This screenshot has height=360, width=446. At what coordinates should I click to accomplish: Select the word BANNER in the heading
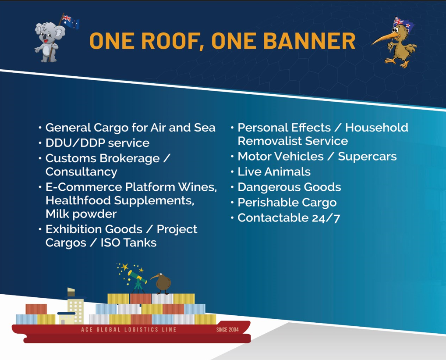(309, 41)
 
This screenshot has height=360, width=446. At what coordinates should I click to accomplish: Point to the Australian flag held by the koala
(71, 21)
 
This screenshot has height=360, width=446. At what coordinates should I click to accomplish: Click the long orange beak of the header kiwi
(384, 39)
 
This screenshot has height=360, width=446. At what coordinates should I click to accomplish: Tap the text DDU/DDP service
(97, 143)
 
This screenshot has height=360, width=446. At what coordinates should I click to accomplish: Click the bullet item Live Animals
(274, 171)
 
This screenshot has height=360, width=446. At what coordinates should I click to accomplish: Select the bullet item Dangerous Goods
(289, 187)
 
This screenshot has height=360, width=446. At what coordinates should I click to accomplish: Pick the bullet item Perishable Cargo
(287, 203)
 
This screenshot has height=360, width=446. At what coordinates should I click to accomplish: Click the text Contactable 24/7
(289, 218)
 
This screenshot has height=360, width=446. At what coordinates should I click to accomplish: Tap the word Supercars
(367, 156)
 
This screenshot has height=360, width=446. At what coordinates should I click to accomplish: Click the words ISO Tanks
(128, 243)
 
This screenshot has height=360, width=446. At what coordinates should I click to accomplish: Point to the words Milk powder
(81, 214)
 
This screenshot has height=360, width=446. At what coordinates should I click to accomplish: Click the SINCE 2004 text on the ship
(227, 330)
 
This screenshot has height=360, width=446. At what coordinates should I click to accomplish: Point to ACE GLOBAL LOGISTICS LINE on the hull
(128, 330)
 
